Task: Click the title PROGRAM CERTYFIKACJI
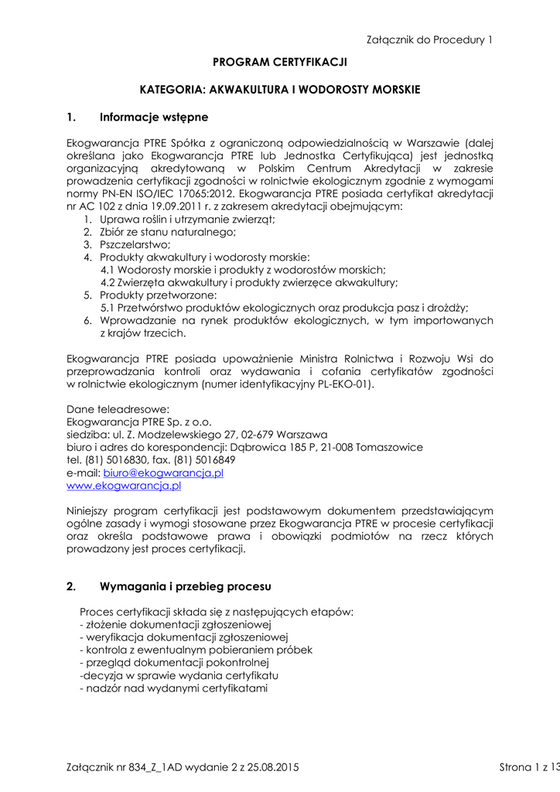(280, 61)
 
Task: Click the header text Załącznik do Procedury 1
(429, 39)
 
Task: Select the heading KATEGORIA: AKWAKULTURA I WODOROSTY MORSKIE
(280, 90)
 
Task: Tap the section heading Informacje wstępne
(154, 118)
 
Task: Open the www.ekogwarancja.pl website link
(124, 486)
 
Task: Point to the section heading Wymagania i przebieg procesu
(185, 586)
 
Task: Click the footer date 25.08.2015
(271, 767)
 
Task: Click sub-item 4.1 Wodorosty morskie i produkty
(244, 270)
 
